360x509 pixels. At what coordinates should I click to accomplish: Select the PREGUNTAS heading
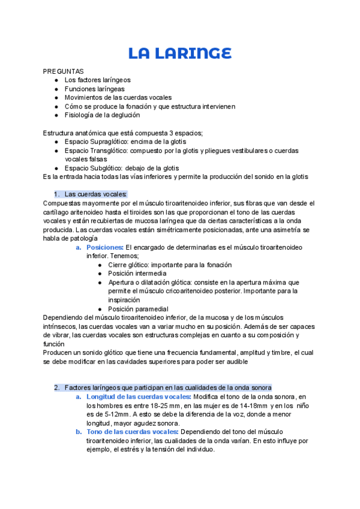click(x=64, y=71)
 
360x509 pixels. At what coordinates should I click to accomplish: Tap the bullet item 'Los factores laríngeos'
click(x=97, y=80)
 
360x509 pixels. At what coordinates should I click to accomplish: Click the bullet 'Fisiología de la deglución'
click(x=102, y=115)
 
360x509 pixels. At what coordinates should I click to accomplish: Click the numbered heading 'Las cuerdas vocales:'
click(x=95, y=194)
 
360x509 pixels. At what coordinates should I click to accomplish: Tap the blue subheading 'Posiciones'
click(x=104, y=247)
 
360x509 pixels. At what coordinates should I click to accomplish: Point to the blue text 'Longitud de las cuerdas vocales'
click(x=138, y=397)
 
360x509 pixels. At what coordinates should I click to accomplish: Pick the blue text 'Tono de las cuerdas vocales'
click(x=132, y=432)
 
